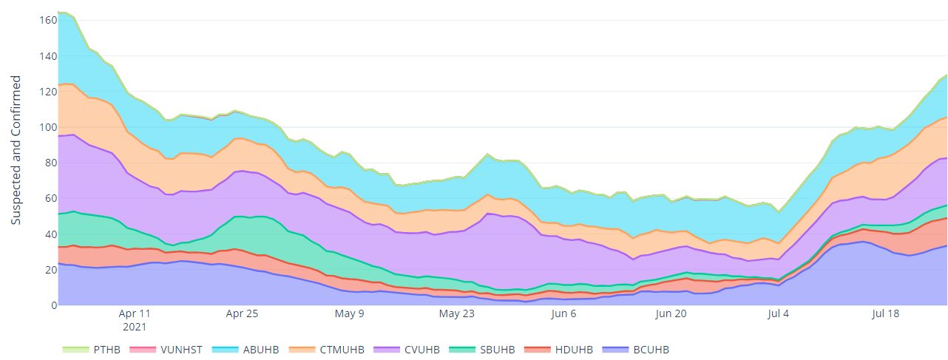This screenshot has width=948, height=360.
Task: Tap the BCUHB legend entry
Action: pos(651,350)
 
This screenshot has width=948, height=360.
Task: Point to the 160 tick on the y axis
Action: pos(46,21)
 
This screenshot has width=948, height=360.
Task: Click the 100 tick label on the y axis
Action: pos(46,127)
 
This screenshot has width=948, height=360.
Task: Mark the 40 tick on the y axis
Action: pos(48,234)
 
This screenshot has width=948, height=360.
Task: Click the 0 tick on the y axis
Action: pos(51,305)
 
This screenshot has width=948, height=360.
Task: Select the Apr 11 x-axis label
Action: pos(135,313)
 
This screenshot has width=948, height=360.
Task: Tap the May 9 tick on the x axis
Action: pos(350,313)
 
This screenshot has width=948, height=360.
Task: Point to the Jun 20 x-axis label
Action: pos(671,313)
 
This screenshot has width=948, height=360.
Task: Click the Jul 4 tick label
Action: pos(779,313)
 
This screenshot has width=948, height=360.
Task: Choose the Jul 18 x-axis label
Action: pos(886,313)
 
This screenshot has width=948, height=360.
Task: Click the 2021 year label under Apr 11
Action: pos(135,326)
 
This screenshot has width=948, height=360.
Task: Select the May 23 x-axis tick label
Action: pos(457,313)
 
